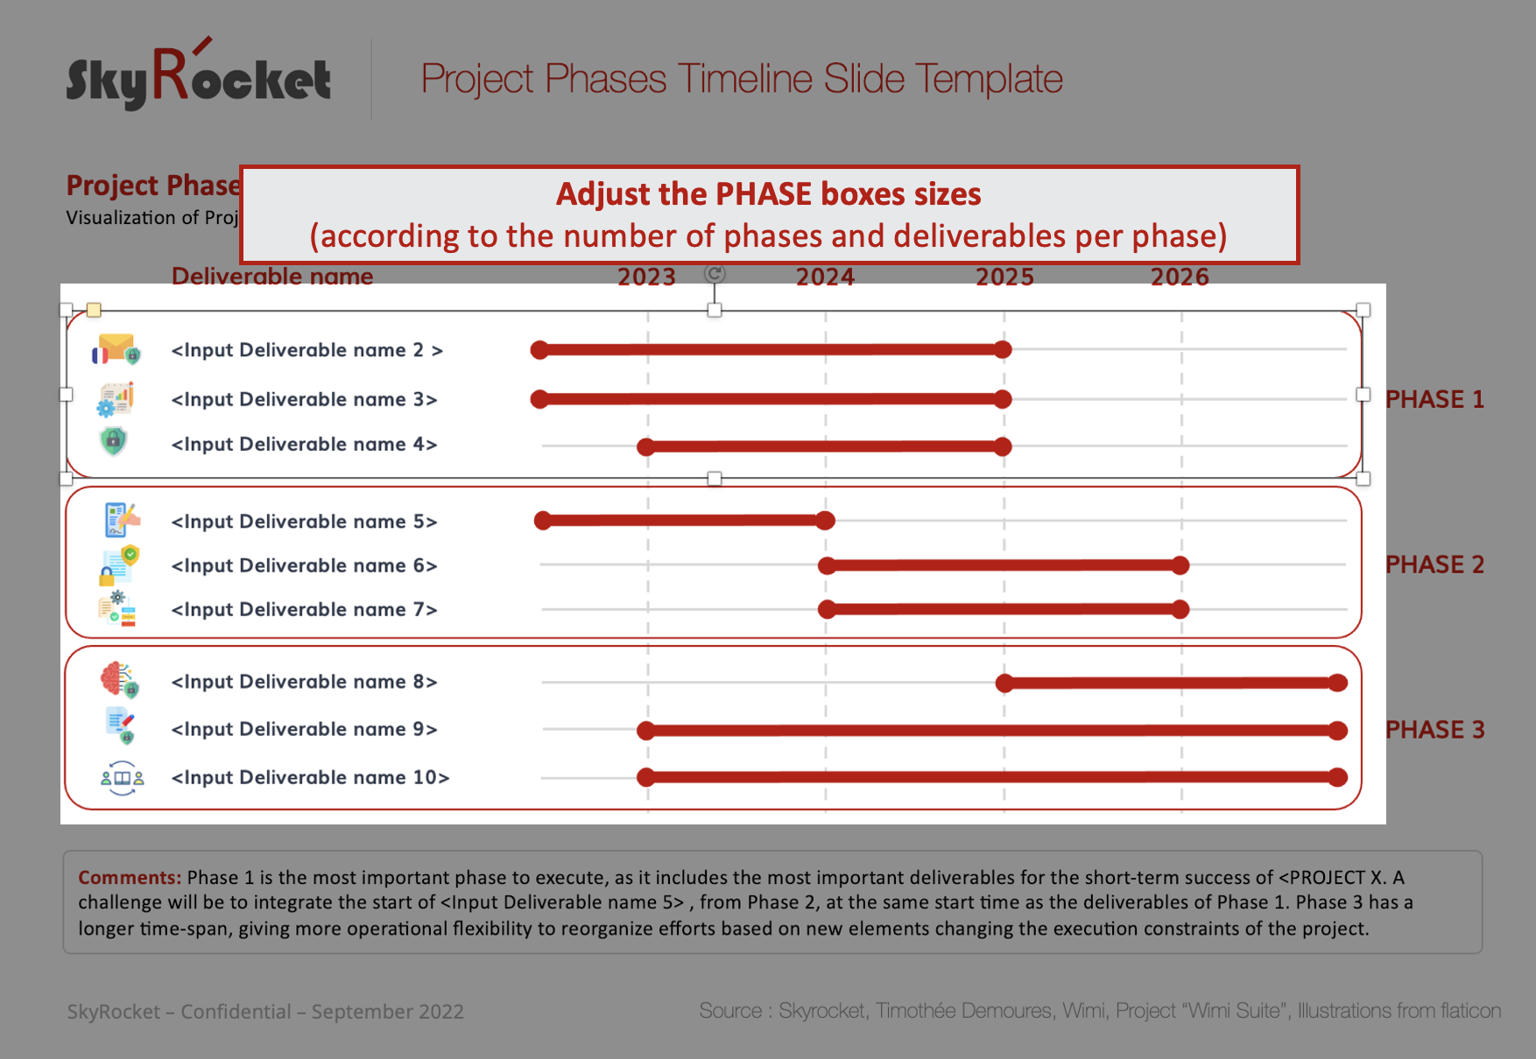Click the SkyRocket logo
tap(199, 74)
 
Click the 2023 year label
tap(646, 277)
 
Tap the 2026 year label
tap(1180, 277)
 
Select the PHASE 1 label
tap(1434, 399)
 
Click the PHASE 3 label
tap(1434, 730)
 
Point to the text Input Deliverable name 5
tap(304, 522)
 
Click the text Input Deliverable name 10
tap(310, 777)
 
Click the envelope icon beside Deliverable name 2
tap(116, 349)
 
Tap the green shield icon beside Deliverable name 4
tap(114, 441)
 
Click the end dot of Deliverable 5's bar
tap(825, 521)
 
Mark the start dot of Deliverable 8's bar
tap(1004, 684)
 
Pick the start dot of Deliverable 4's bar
tap(646, 447)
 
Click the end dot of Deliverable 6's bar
tap(1180, 565)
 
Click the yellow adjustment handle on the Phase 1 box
tap(94, 310)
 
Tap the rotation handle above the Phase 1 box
tap(715, 275)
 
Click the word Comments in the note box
tap(130, 878)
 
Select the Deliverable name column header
tap(272, 277)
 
